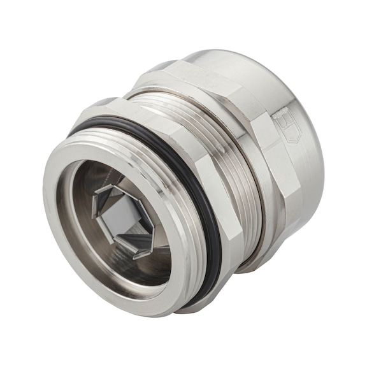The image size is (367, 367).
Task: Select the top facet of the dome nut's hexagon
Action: click(x=204, y=70)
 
